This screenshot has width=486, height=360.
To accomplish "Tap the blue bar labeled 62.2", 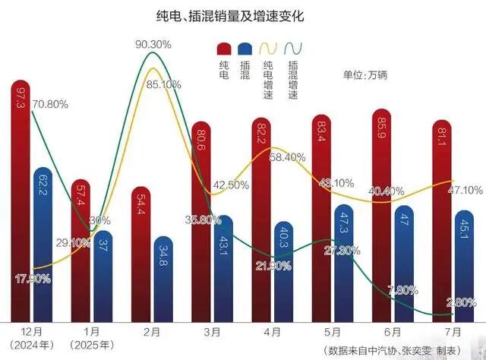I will point(43,243).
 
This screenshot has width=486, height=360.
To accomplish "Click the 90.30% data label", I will point(153,45).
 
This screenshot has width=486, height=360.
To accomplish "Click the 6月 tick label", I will point(384,332).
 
